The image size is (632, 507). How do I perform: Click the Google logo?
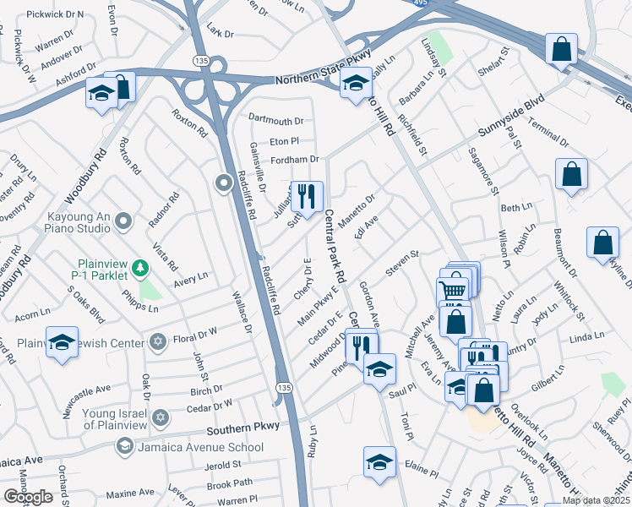(28, 497)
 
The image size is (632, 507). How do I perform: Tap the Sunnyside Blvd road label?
(509, 123)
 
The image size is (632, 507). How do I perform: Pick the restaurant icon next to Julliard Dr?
(307, 196)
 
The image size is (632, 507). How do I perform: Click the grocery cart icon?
(453, 291)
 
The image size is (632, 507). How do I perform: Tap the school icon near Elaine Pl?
(379, 462)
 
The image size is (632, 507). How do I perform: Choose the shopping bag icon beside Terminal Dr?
(572, 174)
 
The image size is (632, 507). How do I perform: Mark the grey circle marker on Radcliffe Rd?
(224, 183)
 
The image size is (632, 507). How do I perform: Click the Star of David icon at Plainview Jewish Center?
(156, 342)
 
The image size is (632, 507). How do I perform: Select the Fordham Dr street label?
(294, 159)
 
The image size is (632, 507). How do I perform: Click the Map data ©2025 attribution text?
(597, 500)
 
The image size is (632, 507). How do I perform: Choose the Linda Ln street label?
(587, 339)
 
